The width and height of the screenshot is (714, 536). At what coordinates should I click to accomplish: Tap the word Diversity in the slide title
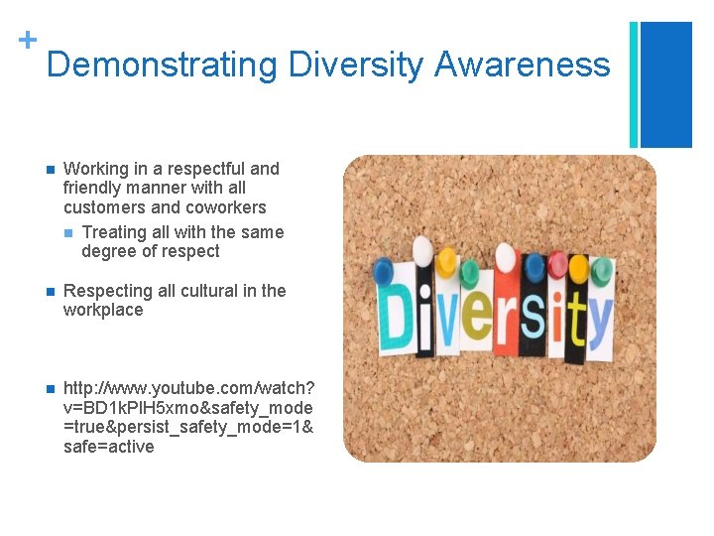pyautogui.click(x=356, y=66)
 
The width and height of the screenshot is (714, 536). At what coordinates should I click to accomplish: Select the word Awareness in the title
pyautogui.click(x=523, y=66)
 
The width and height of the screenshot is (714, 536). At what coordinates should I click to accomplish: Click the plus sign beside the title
pyautogui.click(x=27, y=40)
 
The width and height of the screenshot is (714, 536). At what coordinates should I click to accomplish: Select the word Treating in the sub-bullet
pyautogui.click(x=115, y=232)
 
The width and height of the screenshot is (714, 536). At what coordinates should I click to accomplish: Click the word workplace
pyautogui.click(x=103, y=310)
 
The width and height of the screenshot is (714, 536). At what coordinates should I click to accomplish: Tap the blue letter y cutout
pyautogui.click(x=602, y=318)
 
